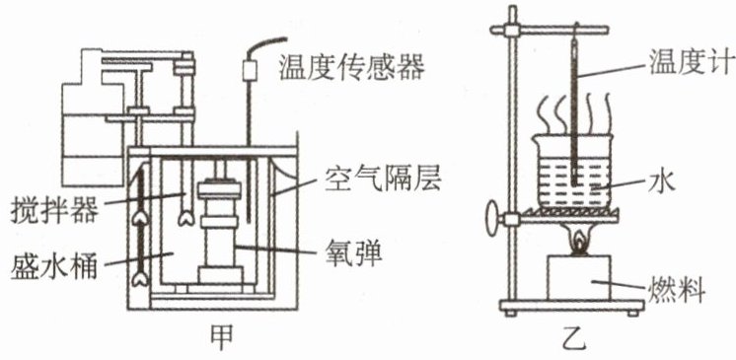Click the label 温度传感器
(x=351, y=68)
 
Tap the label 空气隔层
(x=383, y=180)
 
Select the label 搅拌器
(x=54, y=211)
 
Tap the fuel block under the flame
(x=579, y=277)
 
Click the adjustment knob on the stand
(x=493, y=218)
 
